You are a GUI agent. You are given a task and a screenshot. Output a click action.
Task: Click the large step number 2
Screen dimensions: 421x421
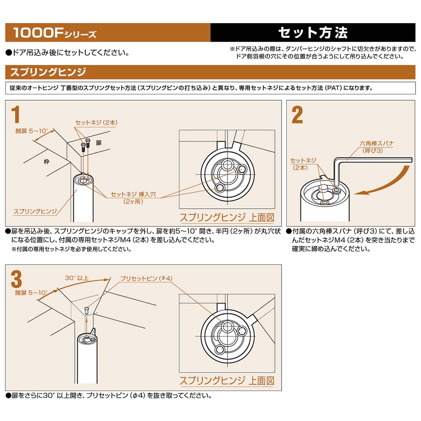297,115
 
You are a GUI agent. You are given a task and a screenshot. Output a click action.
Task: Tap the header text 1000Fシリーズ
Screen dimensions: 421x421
54,33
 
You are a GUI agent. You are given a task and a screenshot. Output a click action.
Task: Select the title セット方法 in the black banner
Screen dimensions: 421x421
313,33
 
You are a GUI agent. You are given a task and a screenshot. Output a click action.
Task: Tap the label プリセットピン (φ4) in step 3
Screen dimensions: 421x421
146,278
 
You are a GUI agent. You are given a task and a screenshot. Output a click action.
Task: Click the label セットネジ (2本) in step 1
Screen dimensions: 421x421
96,122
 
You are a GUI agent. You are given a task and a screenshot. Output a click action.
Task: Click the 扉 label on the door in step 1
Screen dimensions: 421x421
99,143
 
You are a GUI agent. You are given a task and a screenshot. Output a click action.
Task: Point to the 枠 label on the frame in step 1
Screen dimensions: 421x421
46,162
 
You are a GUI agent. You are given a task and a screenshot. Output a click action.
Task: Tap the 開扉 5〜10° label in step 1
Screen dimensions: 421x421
32,131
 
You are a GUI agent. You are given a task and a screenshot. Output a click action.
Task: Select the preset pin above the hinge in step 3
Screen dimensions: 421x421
87,310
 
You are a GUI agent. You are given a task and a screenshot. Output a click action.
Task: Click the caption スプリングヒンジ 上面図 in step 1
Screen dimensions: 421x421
227,218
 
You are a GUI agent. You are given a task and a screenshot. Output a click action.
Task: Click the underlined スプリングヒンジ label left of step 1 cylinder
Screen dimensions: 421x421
35,211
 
